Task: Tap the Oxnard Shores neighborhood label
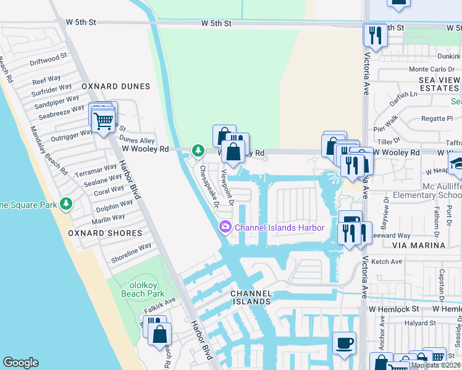107,233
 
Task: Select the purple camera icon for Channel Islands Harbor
225,228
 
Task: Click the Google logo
20,363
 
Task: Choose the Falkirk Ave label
160,301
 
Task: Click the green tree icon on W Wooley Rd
198,150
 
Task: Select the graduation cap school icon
456,163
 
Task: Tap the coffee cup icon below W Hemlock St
344,342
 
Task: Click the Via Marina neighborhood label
423,245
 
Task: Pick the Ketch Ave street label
387,262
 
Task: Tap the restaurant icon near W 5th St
374,35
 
